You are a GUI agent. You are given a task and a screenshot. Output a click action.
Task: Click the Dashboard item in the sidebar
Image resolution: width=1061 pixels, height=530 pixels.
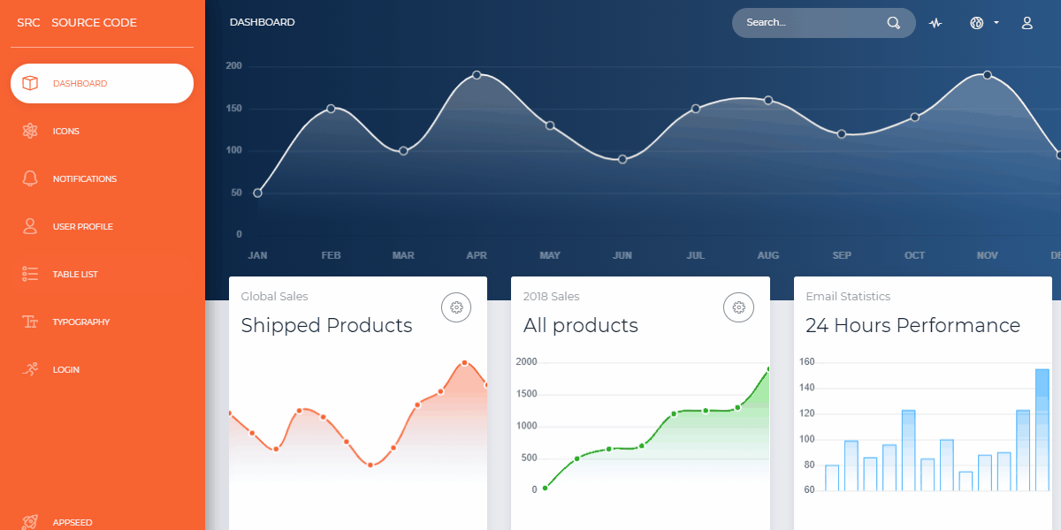coord(101,84)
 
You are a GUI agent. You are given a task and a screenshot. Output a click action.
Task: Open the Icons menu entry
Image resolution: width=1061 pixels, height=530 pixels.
coord(65,132)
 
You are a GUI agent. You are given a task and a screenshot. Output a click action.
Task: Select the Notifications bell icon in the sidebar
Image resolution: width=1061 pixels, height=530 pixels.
coord(30,178)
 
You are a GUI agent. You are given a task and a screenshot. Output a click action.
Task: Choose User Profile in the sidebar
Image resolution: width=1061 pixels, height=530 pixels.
coord(82,227)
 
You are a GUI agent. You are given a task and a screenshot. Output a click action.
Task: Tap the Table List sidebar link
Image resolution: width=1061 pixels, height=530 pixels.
coord(75,275)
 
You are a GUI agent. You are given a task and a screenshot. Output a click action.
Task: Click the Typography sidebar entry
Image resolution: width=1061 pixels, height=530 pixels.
coord(80,322)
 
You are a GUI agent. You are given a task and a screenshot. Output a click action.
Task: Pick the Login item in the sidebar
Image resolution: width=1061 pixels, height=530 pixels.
coord(65,370)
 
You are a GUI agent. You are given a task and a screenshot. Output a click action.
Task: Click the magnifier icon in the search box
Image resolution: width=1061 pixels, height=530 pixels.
coord(894,23)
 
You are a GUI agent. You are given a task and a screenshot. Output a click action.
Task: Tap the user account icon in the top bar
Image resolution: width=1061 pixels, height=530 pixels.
coord(1027,23)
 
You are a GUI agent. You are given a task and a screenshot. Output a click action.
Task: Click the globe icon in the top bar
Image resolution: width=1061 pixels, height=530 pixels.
coord(977,23)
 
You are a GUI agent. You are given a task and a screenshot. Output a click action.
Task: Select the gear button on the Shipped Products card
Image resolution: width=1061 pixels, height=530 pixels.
coord(456,307)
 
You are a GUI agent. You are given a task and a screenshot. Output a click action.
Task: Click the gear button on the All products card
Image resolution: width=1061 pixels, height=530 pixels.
coord(739,307)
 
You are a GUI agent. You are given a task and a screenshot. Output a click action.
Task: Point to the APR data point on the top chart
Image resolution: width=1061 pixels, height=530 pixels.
coord(477,75)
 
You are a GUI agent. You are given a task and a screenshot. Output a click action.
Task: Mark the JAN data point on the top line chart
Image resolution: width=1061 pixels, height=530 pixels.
coord(257,193)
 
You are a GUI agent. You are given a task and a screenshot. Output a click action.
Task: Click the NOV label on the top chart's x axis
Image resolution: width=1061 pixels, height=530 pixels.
coord(987,255)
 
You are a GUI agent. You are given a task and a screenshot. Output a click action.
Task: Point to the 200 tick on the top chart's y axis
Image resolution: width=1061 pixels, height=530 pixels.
coord(233,66)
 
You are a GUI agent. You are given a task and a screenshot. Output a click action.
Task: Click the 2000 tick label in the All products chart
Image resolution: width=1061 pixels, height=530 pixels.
coord(526,362)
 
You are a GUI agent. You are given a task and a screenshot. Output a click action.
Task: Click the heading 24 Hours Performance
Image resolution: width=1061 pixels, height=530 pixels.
coord(912,325)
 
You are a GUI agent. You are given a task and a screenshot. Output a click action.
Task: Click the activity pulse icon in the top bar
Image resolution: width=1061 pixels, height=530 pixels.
coord(935,23)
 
